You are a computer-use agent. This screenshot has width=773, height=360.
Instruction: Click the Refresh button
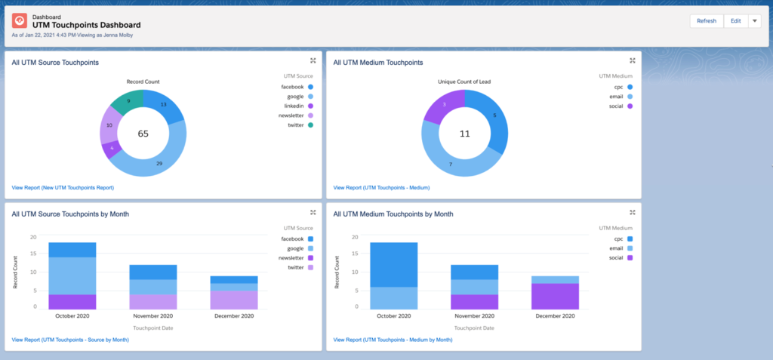707,21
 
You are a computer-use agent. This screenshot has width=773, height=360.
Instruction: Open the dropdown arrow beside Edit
754,21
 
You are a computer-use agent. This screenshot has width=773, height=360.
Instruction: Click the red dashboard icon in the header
20,21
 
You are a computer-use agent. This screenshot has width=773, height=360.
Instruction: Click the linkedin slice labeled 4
112,148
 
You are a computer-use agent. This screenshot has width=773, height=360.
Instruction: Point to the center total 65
142,133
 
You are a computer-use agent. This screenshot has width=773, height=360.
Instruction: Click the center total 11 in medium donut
465,133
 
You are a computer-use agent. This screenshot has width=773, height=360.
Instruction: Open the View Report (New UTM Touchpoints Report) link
63,187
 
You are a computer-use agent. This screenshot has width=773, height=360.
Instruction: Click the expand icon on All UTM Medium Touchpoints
633,61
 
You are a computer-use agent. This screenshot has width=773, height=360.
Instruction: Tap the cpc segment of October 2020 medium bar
393,264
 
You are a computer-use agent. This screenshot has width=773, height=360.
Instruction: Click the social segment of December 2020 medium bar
556,296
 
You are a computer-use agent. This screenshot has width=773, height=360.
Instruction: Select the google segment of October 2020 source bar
72,275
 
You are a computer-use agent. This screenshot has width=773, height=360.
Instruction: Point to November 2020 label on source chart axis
154,317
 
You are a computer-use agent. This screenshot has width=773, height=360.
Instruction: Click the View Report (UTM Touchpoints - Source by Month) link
70,340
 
